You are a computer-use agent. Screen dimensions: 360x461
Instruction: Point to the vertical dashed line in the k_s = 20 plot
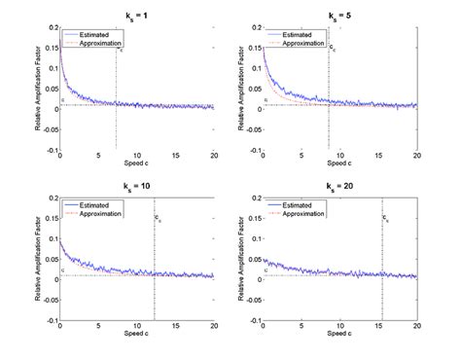[382, 272]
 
